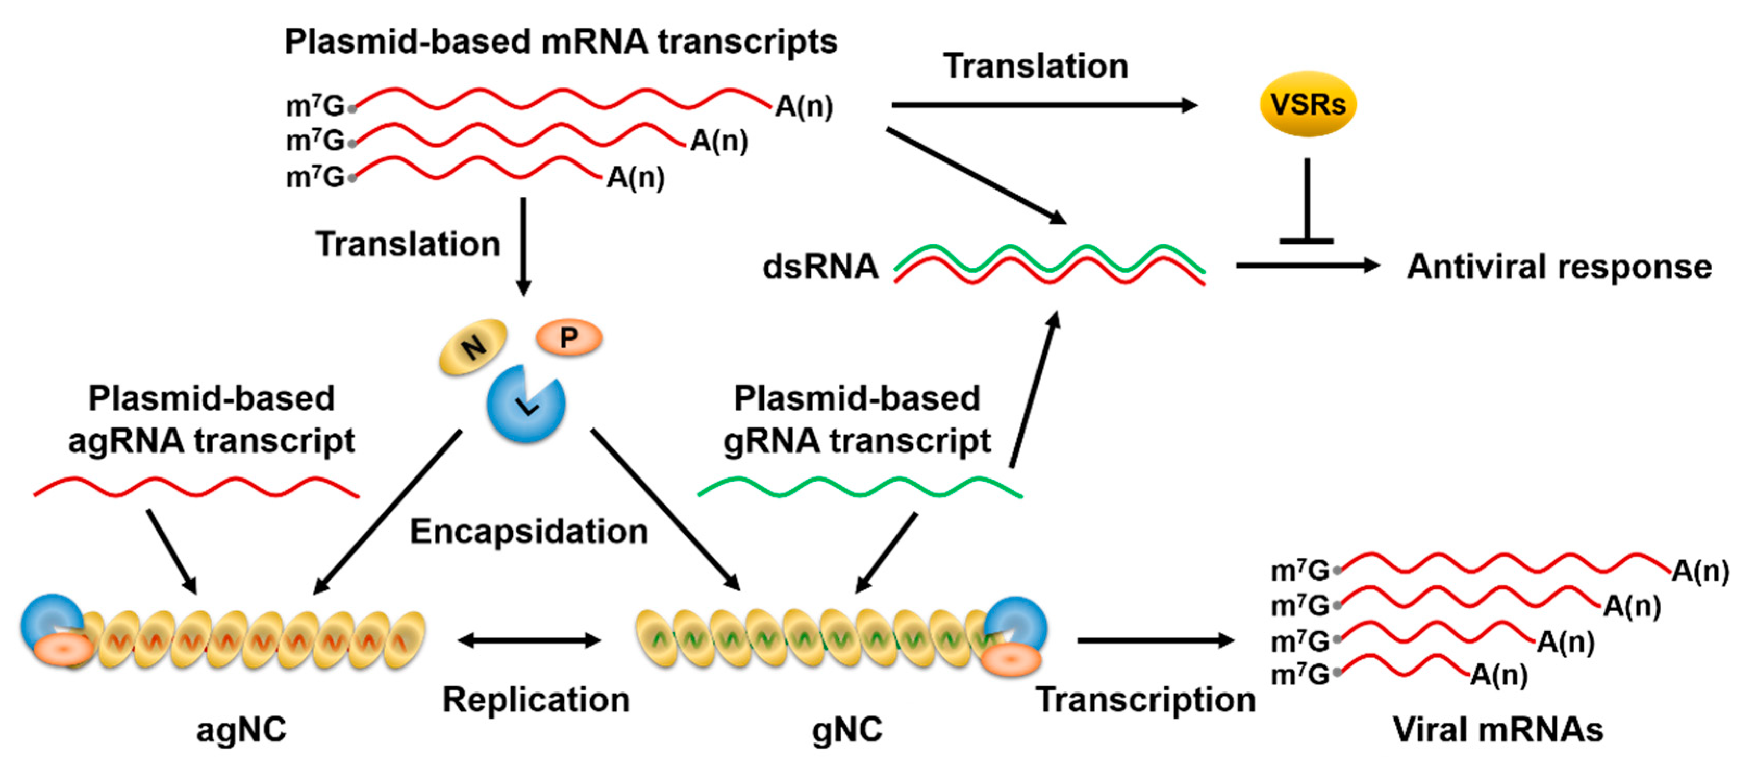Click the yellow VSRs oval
point(1307,104)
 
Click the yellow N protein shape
point(473,346)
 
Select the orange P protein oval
point(569,337)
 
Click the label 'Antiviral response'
point(1559,267)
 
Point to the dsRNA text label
point(820,267)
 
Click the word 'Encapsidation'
point(528,531)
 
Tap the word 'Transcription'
point(1145,700)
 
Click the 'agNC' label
point(242,730)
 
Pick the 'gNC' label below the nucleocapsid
point(846,730)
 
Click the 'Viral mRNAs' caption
point(1498,730)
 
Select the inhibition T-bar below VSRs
point(1306,205)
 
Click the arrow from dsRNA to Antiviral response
point(1306,266)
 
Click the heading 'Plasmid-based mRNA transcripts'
point(561,42)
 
